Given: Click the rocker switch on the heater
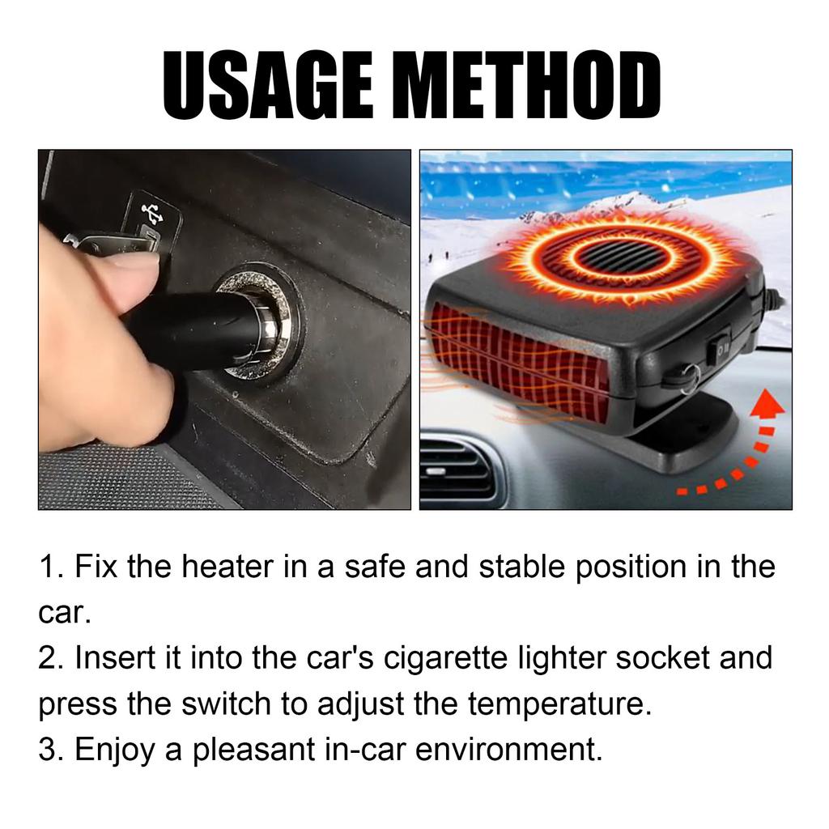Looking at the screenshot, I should pos(717,348).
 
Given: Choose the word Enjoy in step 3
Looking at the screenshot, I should pos(114,750).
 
